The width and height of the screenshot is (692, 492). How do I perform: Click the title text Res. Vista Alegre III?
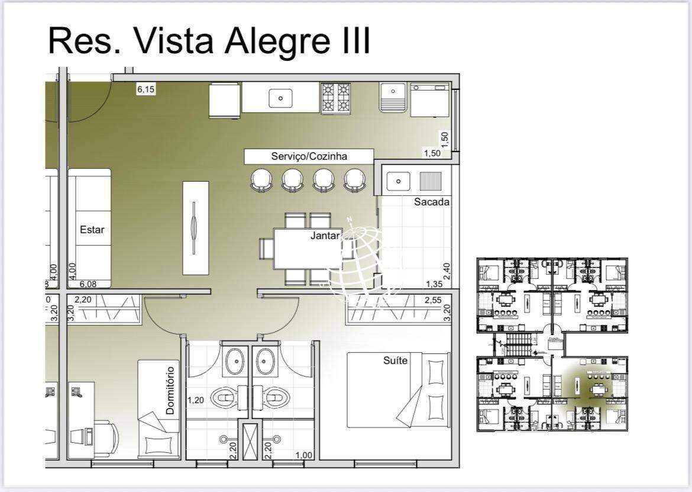tap(209, 40)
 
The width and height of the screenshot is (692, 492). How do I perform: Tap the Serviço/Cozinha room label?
tap(309, 156)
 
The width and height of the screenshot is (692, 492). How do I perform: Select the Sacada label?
tap(431, 202)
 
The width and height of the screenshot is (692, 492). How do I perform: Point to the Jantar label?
tap(325, 236)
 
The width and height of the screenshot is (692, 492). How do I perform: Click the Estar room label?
tap(92, 229)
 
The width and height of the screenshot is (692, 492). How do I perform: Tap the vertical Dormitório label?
tap(170, 390)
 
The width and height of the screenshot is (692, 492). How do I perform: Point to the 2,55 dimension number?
tap(433, 300)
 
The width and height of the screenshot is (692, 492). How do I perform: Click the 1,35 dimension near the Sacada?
tap(434, 284)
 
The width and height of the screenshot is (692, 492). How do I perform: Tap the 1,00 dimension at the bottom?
tap(304, 455)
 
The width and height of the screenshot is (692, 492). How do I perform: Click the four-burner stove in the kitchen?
tap(335, 98)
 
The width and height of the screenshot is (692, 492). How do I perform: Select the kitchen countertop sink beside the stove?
tap(280, 98)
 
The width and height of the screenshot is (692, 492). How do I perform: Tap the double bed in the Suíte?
tap(397, 390)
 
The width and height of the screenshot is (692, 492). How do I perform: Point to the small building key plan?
tap(552, 345)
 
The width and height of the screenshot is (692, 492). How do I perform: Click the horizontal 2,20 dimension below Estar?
tap(83, 300)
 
